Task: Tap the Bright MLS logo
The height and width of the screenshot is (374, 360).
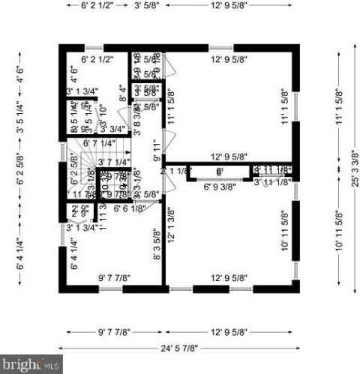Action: click(30, 365)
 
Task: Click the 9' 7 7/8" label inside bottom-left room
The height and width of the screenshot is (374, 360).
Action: click(114, 278)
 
